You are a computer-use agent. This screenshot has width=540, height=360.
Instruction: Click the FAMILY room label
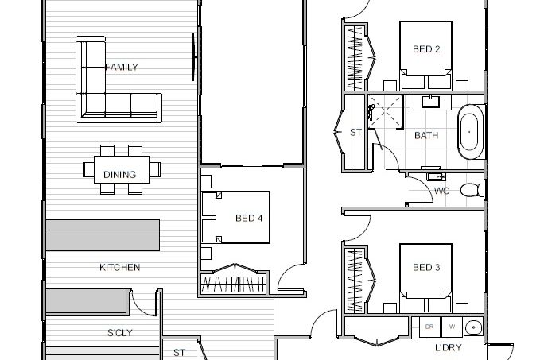[122, 67]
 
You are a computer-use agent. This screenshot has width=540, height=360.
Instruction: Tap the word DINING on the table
[119, 175]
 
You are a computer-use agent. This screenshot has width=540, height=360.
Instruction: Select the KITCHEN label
[120, 268]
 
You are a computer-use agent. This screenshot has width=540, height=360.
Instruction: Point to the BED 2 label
[426, 49]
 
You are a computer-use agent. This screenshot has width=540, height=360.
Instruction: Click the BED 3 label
[426, 268]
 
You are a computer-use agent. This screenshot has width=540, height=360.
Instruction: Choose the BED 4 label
[249, 219]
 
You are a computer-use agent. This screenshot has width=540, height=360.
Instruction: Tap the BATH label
[426, 136]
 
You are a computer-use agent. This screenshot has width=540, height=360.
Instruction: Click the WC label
[441, 191]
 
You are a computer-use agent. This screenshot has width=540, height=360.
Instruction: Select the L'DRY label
[448, 348]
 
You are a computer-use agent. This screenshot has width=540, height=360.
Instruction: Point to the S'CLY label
[120, 333]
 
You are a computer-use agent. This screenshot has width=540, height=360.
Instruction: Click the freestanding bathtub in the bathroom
[470, 132]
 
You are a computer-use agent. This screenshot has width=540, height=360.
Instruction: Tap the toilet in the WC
[472, 190]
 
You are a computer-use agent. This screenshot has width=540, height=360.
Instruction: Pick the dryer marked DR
[429, 327]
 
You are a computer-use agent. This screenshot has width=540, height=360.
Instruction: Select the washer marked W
[452, 327]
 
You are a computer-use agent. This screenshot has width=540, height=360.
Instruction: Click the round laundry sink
[473, 327]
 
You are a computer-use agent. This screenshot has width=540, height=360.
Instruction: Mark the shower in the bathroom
[386, 111]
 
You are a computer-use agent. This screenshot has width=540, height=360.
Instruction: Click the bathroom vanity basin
[430, 103]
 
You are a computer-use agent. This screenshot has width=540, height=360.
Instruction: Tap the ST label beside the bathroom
[355, 132]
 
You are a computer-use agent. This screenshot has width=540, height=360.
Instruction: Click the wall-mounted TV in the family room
[194, 57]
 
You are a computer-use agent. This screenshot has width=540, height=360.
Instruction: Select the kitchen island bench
[103, 235]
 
